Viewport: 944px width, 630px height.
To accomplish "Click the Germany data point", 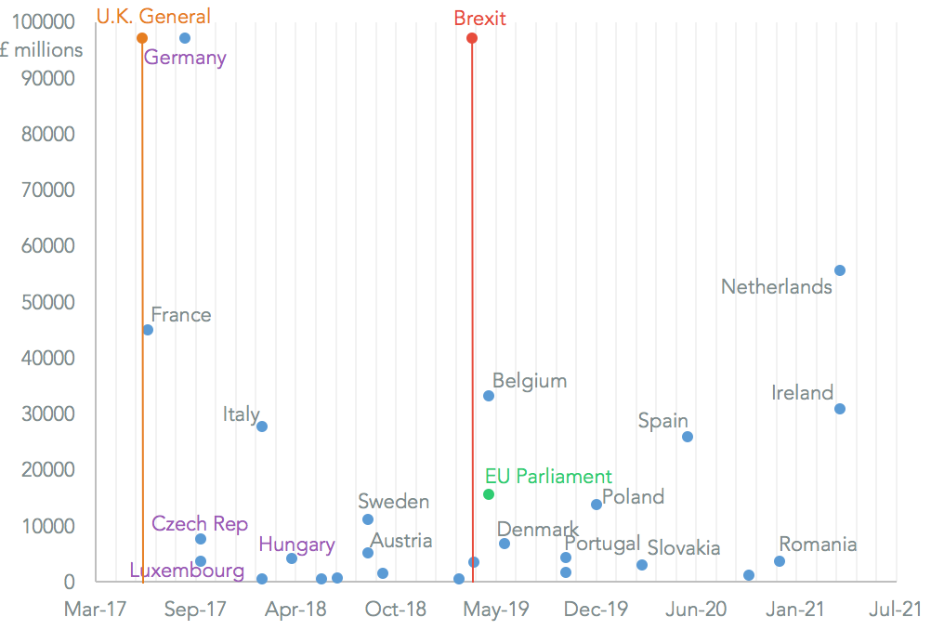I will pyautogui.click(x=185, y=38).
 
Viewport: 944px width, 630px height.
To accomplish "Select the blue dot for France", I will pyautogui.click(x=148, y=330).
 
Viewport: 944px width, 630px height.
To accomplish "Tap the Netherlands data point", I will pyautogui.click(x=840, y=270).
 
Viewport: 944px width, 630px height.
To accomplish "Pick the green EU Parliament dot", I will pyautogui.click(x=489, y=494).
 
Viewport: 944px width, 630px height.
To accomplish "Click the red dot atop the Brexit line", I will pyautogui.click(x=472, y=38).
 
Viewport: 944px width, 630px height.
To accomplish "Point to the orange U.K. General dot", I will pyautogui.click(x=142, y=38).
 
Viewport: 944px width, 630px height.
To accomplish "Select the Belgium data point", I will pyautogui.click(x=489, y=396).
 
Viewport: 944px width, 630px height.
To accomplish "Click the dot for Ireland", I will pyautogui.click(x=840, y=409).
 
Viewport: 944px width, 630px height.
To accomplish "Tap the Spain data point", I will pyautogui.click(x=688, y=437).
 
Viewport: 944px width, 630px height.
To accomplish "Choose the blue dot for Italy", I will pyautogui.click(x=262, y=427).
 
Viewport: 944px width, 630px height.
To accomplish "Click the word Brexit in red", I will pyautogui.click(x=479, y=18).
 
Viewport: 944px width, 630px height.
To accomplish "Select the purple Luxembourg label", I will pyautogui.click(x=187, y=571).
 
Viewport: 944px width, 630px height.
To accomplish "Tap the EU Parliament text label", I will pyautogui.click(x=548, y=477).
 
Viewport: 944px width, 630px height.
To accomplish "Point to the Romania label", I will pyautogui.click(x=818, y=545).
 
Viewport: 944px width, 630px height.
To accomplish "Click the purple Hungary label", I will pyautogui.click(x=296, y=545).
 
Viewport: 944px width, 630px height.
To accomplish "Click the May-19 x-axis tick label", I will pyautogui.click(x=496, y=610).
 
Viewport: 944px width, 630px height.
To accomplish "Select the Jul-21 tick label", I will pyautogui.click(x=895, y=610).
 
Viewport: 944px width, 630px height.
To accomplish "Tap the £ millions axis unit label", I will pyautogui.click(x=42, y=50).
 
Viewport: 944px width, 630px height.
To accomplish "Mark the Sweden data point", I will pyautogui.click(x=368, y=519).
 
